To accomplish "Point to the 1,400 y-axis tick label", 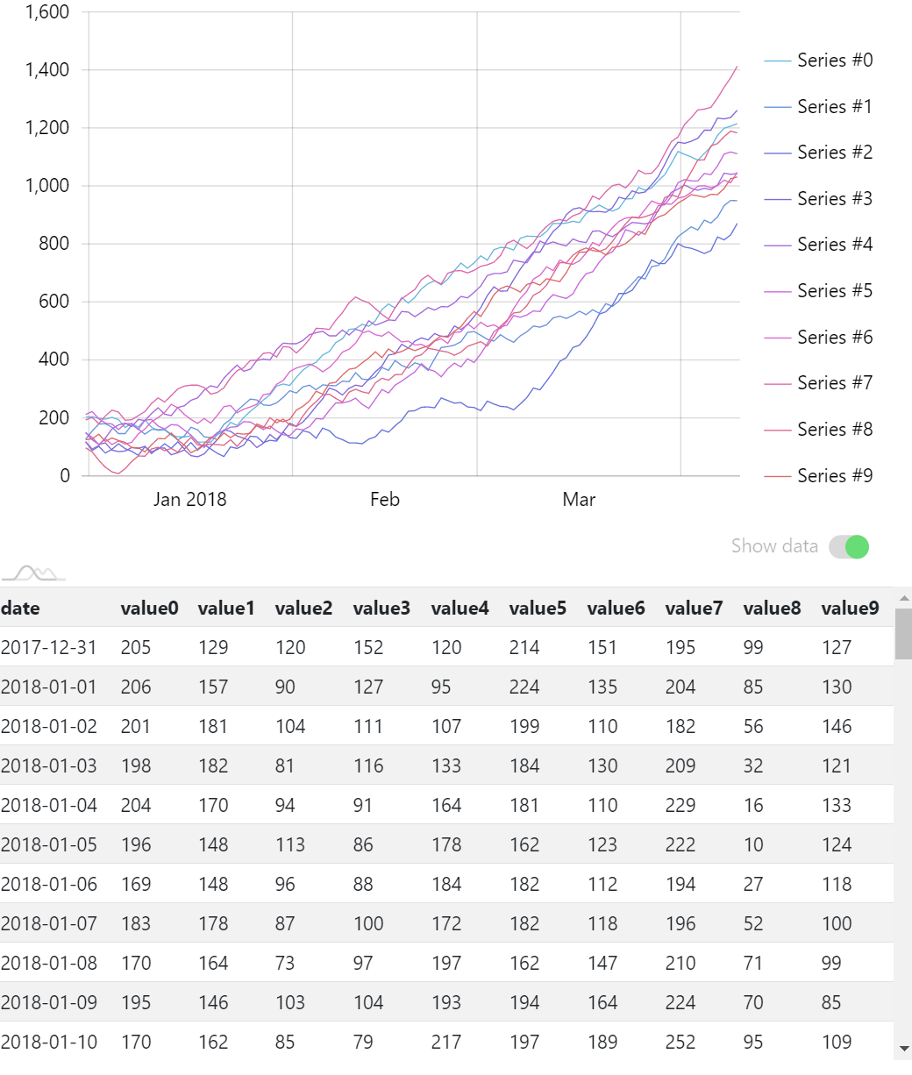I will (46, 70).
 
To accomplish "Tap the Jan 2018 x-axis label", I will (189, 500).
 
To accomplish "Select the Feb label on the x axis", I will (385, 500).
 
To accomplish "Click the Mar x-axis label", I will (579, 500).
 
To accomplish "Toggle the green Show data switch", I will (850, 547).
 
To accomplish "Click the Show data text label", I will (774, 546).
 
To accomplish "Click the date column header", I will (20, 609).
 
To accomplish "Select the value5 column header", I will (538, 609).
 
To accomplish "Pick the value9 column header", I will (850, 609).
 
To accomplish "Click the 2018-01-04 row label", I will (49, 806).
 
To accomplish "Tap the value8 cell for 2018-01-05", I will (753, 845).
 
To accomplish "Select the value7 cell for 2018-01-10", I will (680, 1043).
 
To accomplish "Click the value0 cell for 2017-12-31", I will (136, 648).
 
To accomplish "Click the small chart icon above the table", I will (32, 573).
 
